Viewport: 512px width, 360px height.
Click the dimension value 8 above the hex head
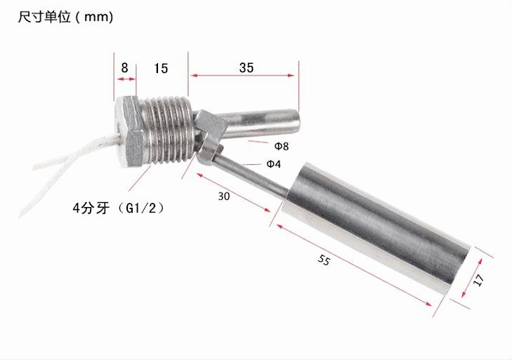(124, 67)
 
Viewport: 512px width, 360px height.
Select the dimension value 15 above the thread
(161, 68)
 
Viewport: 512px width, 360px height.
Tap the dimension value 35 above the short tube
(247, 67)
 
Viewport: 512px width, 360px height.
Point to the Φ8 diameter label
(281, 146)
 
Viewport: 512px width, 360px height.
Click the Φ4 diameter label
(273, 164)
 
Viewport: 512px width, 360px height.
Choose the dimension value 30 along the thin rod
(223, 196)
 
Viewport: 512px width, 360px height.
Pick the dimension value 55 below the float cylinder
(324, 260)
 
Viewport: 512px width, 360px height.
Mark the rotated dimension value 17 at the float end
(479, 280)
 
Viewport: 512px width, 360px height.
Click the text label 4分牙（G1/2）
(119, 208)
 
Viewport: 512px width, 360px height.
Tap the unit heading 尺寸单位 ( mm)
(65, 17)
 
